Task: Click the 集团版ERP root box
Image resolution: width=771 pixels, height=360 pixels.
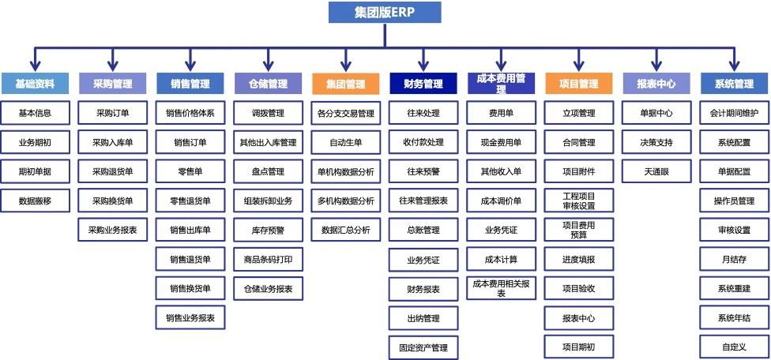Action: [x=385, y=13]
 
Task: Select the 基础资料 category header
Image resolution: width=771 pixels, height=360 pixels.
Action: [x=35, y=84]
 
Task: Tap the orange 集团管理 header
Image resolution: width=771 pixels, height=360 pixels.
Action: [x=346, y=84]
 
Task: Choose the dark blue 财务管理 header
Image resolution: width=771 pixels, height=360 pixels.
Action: [x=423, y=84]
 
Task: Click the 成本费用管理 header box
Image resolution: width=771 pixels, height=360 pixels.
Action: [x=501, y=84]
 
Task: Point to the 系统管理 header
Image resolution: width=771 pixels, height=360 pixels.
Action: [x=734, y=84]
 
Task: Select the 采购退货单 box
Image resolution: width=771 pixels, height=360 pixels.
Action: [x=113, y=171]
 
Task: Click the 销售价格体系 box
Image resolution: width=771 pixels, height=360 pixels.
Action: [x=190, y=113]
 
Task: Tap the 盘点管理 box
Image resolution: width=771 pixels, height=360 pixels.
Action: [x=268, y=171]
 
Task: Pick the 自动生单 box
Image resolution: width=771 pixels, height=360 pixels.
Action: [x=346, y=142]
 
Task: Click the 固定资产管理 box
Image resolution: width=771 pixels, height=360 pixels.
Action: [x=423, y=347]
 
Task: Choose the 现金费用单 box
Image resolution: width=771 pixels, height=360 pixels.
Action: [x=501, y=142]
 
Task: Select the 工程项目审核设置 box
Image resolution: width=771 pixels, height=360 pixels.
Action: [x=579, y=201]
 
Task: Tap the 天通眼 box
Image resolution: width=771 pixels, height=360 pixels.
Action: [x=656, y=171]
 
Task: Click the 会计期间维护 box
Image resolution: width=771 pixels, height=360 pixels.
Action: [x=734, y=113]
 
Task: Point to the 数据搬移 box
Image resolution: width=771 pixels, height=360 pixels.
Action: [x=35, y=201]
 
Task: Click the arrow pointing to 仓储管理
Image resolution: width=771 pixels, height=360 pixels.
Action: [x=268, y=59]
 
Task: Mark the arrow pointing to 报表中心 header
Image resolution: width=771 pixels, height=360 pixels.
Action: [x=656, y=59]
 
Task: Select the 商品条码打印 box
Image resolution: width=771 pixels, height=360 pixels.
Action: [x=268, y=259]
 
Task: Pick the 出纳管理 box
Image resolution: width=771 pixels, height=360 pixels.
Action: [x=423, y=317]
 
